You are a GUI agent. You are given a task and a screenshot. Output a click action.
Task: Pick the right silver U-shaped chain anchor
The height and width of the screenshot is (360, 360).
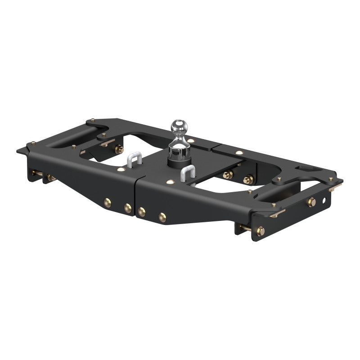coord(188,174)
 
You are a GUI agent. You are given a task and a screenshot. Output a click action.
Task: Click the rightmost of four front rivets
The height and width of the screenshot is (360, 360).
coord(162,217)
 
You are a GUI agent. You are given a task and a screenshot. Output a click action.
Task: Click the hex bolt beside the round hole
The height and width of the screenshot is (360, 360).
coord(311,202)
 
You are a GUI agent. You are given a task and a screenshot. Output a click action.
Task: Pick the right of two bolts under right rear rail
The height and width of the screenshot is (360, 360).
coord(247,180)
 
